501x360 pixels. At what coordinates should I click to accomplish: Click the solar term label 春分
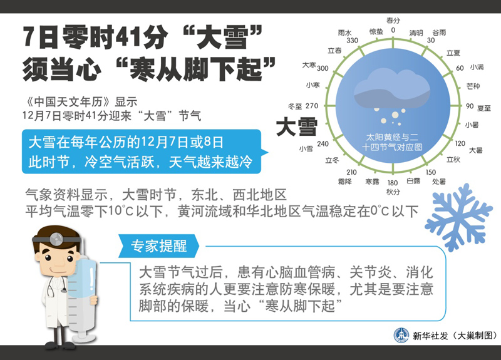click(x=393, y=21)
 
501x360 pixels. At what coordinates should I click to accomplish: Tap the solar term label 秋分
click(x=393, y=192)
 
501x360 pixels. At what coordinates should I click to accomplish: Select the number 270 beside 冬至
click(x=311, y=106)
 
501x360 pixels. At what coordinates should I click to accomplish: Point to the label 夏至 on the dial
click(x=483, y=108)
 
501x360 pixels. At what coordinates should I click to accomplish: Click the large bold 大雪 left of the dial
click(x=297, y=126)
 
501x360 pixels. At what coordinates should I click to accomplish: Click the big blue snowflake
click(x=458, y=217)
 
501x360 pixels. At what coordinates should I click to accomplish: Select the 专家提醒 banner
click(x=159, y=246)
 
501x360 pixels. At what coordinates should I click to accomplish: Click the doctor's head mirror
click(x=57, y=239)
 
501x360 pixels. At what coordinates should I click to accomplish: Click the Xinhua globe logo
click(x=401, y=336)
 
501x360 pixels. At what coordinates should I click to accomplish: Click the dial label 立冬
click(x=332, y=160)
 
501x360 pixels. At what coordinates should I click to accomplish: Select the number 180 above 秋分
click(x=393, y=183)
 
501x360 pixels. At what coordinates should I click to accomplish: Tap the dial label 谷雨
click(x=439, y=33)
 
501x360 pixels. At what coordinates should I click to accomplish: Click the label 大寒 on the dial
click(x=309, y=65)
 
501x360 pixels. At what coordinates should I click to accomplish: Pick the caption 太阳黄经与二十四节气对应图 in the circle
click(x=392, y=142)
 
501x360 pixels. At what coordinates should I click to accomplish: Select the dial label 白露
click(x=413, y=181)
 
